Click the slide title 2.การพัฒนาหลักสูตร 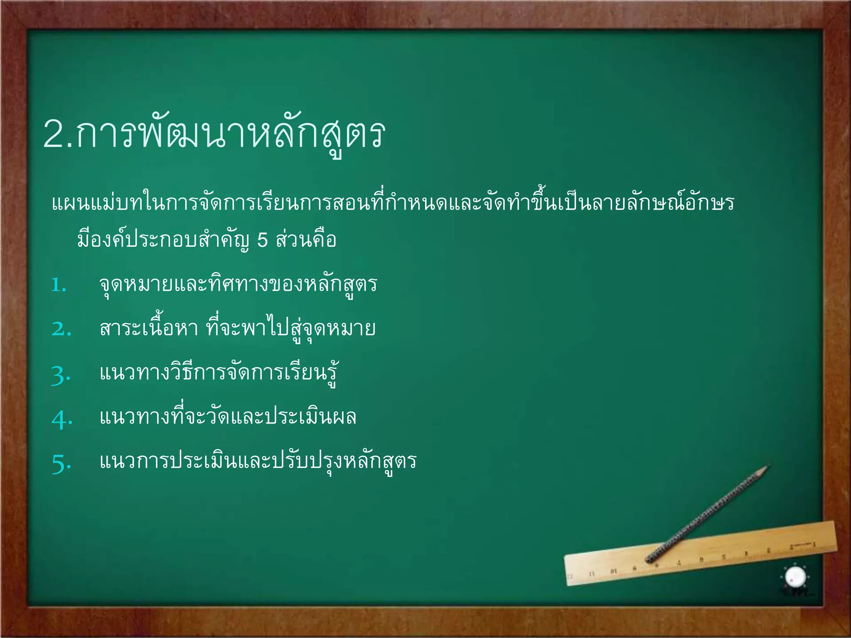pyautogui.click(x=214, y=134)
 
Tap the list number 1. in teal pyautogui.click(x=59, y=286)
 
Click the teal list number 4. pyautogui.click(x=62, y=419)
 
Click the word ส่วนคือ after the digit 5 pyautogui.click(x=306, y=240)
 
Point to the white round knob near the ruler pyautogui.click(x=795, y=577)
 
